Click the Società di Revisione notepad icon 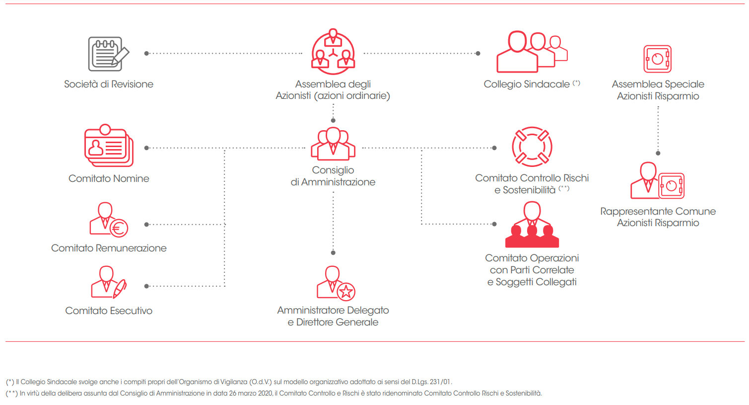point(108,54)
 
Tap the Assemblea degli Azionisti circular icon point(333,51)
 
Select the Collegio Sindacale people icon point(532,52)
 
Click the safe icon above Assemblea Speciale point(658,59)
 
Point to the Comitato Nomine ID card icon point(109,146)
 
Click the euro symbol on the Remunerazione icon point(119,228)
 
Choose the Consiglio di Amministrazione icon point(333,144)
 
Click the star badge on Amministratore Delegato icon point(346,291)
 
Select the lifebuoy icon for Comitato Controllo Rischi point(532,147)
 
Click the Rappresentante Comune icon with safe point(657,181)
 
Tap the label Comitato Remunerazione point(109,248)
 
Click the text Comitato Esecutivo point(109,311)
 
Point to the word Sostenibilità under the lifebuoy point(529,190)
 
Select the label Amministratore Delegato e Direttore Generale point(333,316)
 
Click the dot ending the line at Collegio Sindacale point(478,53)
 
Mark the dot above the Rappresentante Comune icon point(658,153)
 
